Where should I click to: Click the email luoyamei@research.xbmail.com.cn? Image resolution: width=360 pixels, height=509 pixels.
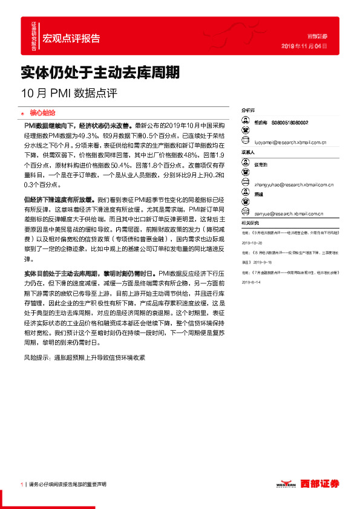tap(291, 143)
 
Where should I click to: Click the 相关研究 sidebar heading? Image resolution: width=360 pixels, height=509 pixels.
tap(250, 224)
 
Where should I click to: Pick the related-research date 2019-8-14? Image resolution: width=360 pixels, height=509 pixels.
tap(252, 282)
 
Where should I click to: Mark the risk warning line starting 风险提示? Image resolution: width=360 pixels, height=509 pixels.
tap(84, 358)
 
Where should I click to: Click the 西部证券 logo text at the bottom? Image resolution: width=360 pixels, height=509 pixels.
tap(321, 484)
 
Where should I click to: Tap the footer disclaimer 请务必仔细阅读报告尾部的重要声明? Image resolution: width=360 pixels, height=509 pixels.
tap(68, 485)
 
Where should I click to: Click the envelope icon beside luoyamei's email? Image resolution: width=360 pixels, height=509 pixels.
tap(246, 143)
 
